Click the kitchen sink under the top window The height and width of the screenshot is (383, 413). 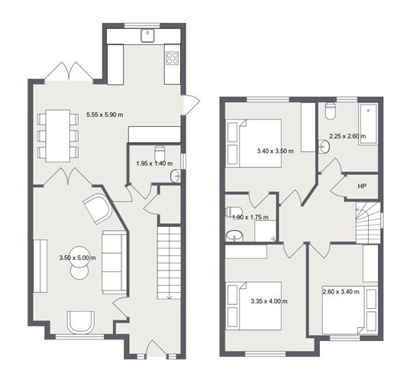pyautogui.click(x=148, y=35)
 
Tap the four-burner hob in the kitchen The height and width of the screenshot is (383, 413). pyautogui.click(x=173, y=58)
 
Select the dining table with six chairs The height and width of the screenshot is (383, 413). pyautogui.click(x=58, y=136)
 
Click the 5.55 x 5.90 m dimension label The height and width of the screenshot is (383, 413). pyautogui.click(x=105, y=115)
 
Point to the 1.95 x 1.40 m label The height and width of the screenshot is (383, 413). pyautogui.click(x=155, y=164)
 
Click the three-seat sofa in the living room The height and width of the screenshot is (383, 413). pyautogui.click(x=115, y=262)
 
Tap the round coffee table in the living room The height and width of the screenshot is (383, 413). pyautogui.click(x=79, y=262)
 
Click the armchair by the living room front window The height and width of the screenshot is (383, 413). pyautogui.click(x=81, y=323)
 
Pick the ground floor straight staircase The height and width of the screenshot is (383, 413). pyautogui.click(x=169, y=263)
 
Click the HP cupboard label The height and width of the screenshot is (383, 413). pyautogui.click(x=362, y=187)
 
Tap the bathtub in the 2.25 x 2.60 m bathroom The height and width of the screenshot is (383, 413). pyautogui.click(x=368, y=124)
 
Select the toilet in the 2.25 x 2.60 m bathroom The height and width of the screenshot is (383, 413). pyautogui.click(x=330, y=112)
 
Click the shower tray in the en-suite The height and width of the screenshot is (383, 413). pyautogui.click(x=266, y=231)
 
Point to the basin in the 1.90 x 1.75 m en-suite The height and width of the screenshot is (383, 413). pyautogui.click(x=234, y=235)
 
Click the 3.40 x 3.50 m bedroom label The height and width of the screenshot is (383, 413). pyautogui.click(x=275, y=151)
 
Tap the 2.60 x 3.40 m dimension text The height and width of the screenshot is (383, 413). pyautogui.click(x=341, y=292)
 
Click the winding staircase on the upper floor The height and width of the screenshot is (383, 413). pyautogui.click(x=368, y=223)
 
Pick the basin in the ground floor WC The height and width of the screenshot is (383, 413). pyautogui.click(x=176, y=176)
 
